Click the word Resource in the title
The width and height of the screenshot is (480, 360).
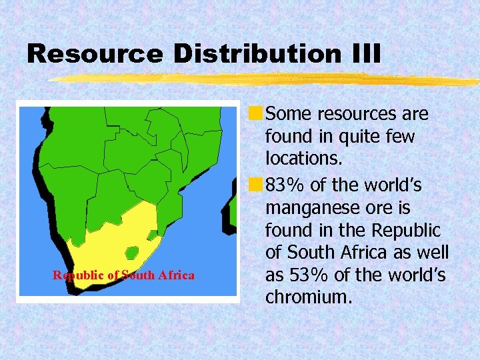point(93,54)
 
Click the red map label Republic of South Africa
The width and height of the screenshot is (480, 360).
point(124,275)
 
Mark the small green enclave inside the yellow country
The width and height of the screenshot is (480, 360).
point(131,253)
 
